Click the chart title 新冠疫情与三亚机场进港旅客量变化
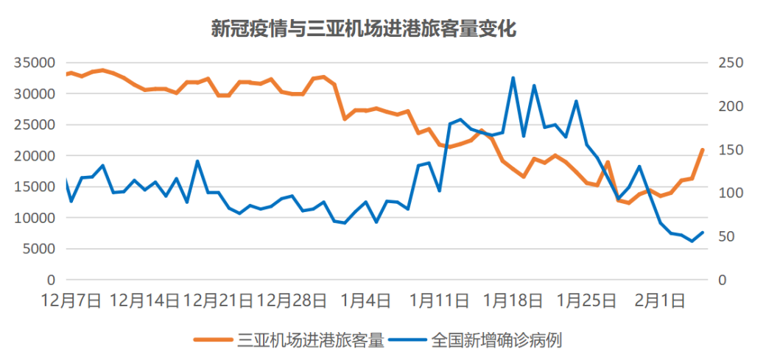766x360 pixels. [x=364, y=29]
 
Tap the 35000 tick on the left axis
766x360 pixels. [x=35, y=63]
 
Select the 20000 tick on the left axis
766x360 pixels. [x=35, y=156]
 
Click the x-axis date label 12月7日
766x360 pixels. [x=71, y=300]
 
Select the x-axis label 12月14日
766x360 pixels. [x=144, y=300]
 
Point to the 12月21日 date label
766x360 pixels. [x=218, y=300]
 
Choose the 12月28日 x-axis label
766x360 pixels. [x=292, y=300]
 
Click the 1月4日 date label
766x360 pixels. [x=365, y=300]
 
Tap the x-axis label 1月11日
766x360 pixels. [x=439, y=300]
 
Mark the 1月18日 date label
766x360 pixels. [x=513, y=300]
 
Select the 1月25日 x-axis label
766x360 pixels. [x=586, y=300]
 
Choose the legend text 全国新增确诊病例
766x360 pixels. [x=498, y=340]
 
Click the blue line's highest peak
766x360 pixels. [x=513, y=78]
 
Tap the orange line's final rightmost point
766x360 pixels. [x=702, y=150]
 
